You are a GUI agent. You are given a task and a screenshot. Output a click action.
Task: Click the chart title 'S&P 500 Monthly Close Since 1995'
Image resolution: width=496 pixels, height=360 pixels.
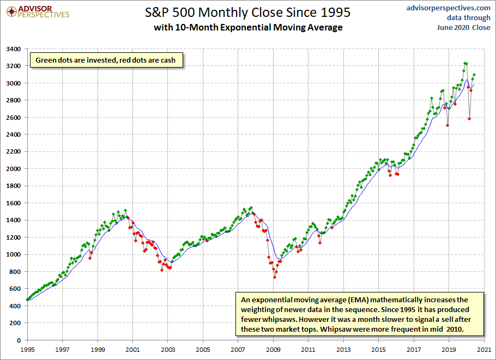point(247,13)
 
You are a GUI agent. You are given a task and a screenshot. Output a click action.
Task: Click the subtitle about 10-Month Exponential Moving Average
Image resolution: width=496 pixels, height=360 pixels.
point(248,27)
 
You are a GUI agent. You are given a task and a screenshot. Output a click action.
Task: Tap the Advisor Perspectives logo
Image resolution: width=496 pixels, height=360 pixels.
point(38,12)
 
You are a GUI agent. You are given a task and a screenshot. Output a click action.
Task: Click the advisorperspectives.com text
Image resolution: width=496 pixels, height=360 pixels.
point(448,8)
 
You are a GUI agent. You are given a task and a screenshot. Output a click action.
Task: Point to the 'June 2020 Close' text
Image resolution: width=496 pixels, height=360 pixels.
point(463,27)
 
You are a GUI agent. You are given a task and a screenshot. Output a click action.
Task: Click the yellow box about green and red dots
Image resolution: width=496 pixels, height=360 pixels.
point(106,60)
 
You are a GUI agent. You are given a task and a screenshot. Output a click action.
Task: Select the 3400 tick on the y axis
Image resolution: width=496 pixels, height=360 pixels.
point(13,49)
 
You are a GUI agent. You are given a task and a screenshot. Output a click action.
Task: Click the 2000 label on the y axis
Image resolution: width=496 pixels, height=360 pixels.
point(13,169)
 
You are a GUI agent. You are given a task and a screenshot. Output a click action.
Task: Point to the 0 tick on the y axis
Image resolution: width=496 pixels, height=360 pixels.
point(19,340)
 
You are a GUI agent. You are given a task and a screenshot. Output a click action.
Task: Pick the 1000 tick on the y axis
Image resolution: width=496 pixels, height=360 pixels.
point(13,254)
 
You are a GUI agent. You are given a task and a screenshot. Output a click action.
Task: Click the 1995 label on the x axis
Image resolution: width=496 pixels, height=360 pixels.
point(27,350)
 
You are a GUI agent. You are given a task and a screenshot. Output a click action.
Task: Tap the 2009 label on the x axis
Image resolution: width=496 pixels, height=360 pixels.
point(273,350)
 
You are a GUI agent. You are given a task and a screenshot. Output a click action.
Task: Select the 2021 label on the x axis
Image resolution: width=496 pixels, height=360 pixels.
point(483,350)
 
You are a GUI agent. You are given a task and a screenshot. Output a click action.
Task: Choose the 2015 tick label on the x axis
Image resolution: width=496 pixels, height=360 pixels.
point(378,350)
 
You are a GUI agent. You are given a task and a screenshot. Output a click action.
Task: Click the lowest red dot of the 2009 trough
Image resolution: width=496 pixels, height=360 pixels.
point(275,277)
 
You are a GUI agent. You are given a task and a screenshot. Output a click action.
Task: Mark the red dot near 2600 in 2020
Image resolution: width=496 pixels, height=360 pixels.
point(469,119)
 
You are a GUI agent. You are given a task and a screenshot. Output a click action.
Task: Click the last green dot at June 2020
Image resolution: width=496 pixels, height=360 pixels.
point(474,75)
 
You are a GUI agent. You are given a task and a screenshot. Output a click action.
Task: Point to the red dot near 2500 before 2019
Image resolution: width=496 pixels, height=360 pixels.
point(447,125)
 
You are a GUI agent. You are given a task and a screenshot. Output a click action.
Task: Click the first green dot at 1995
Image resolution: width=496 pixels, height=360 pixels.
point(27,300)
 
